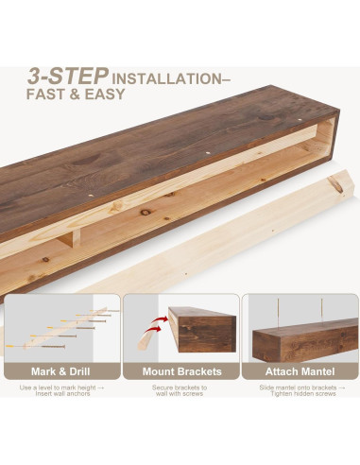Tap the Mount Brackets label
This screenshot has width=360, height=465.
click(179, 370)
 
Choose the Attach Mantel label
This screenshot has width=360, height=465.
click(300, 370)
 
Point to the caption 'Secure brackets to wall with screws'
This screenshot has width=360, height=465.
click(179, 391)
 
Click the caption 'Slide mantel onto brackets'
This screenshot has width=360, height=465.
click(300, 387)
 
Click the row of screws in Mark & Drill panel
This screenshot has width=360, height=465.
click(66, 326)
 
